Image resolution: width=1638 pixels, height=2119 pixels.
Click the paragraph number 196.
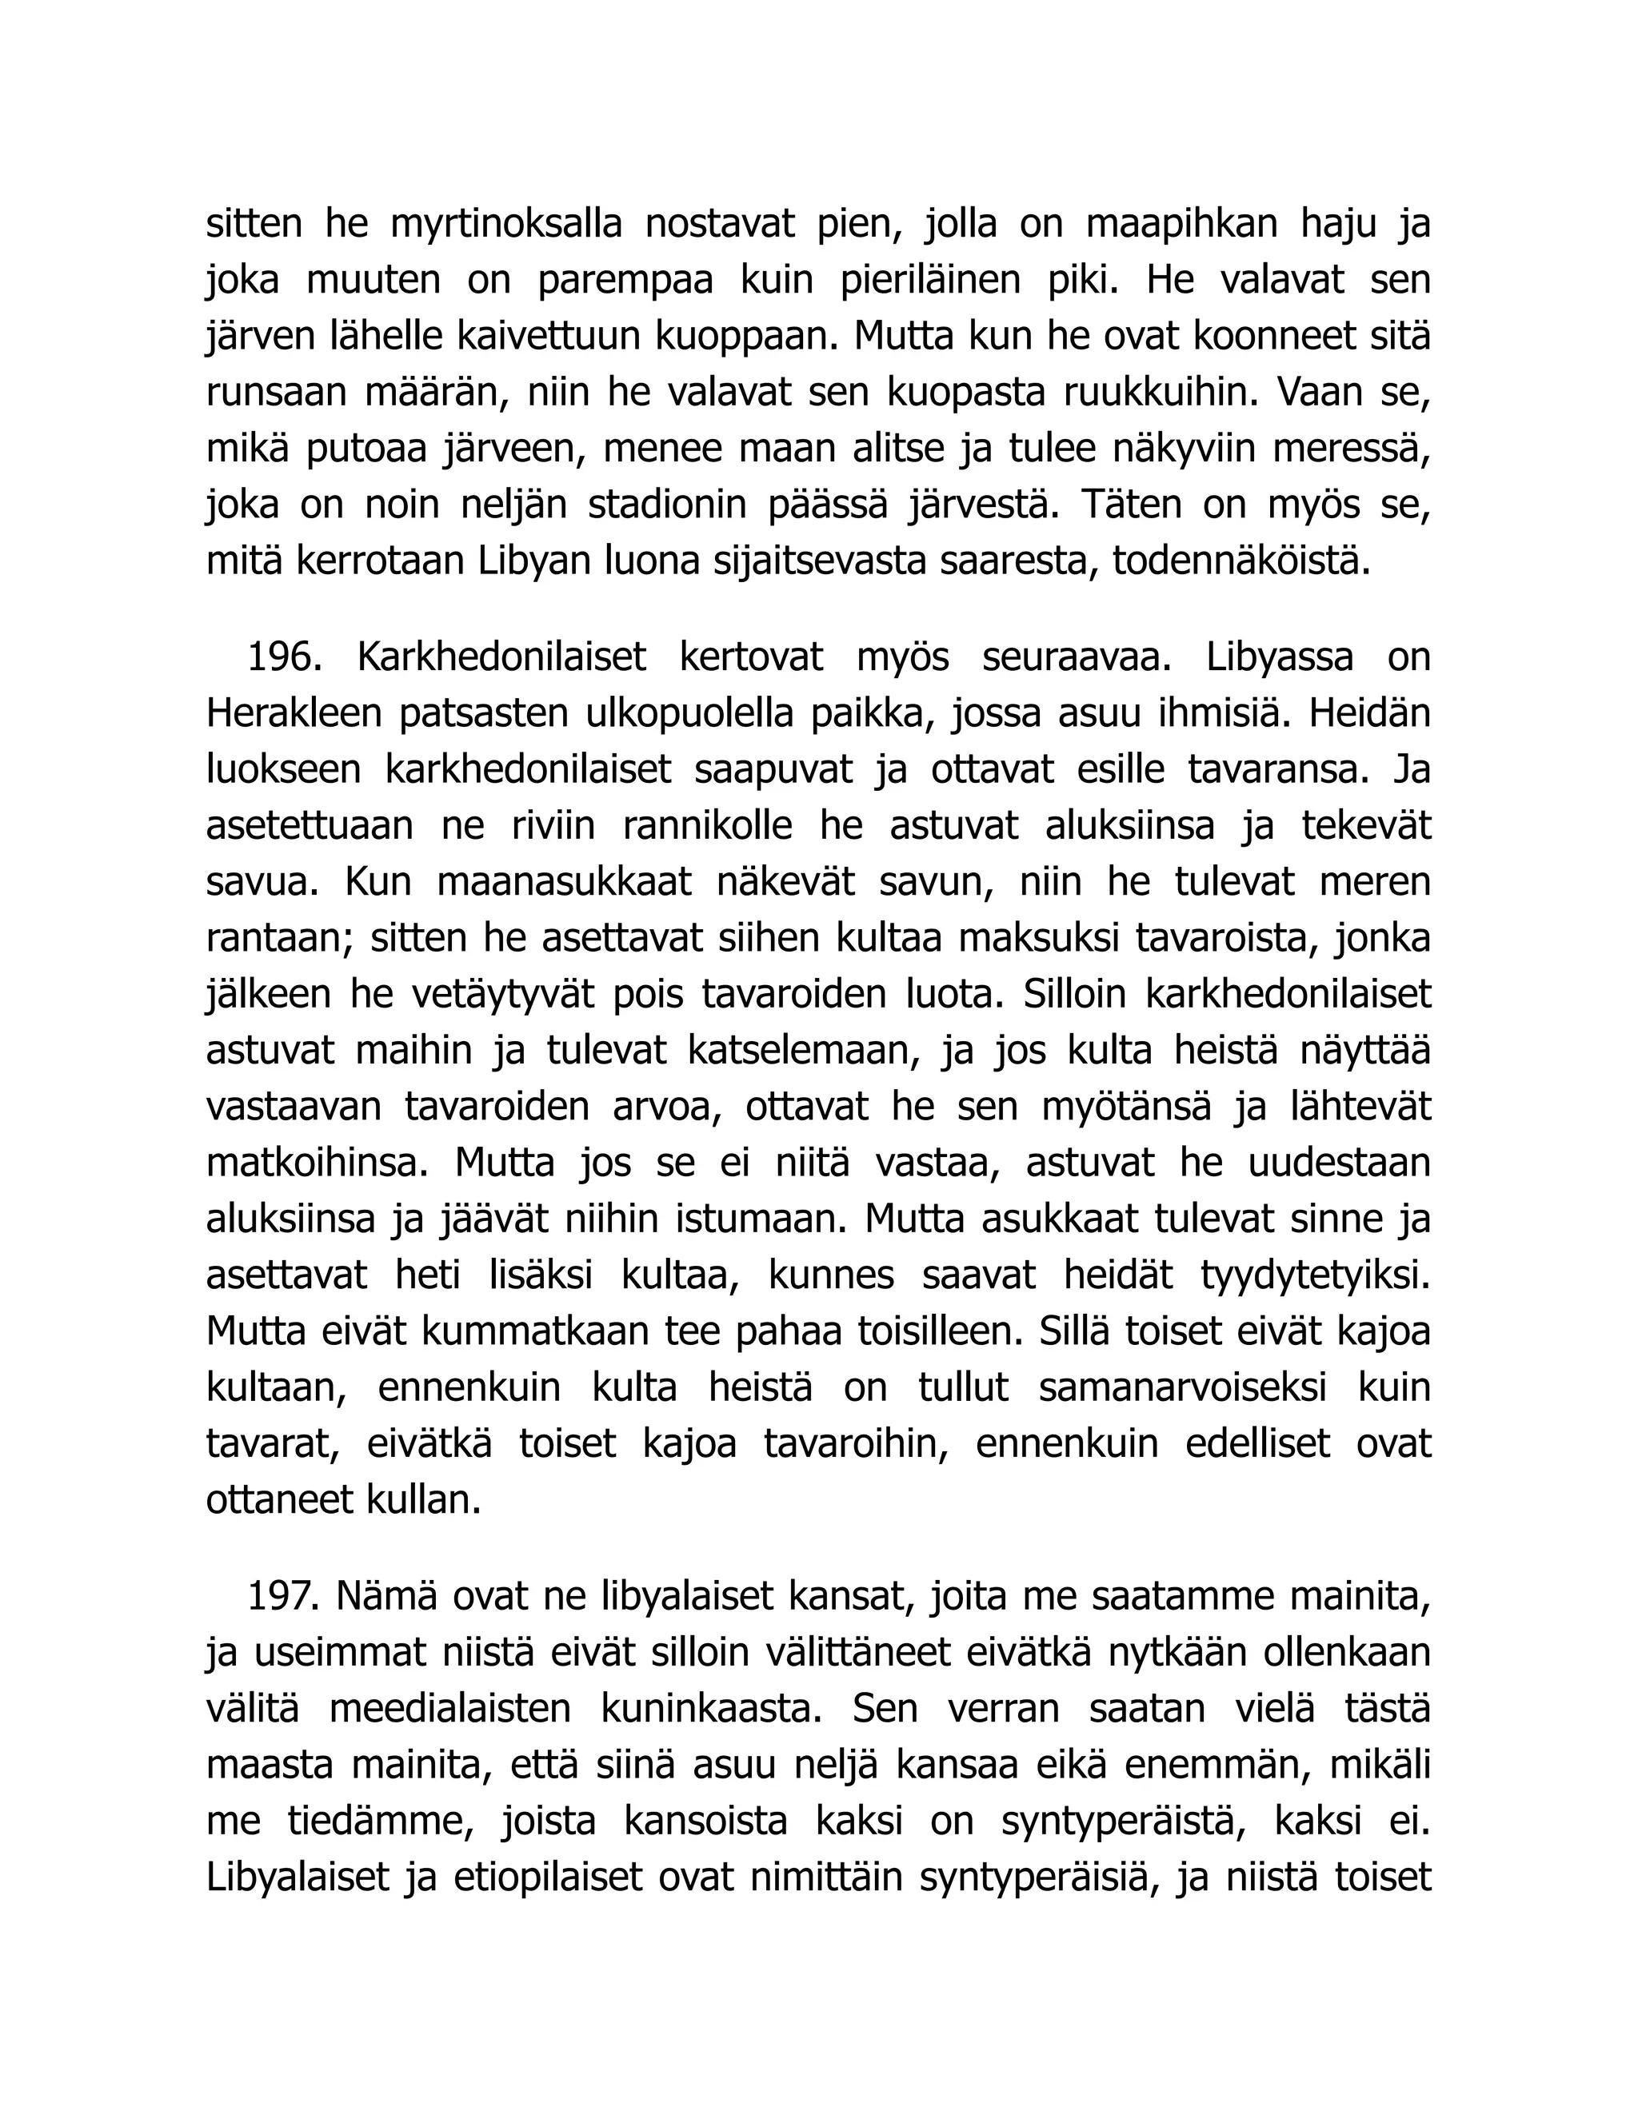pyautogui.click(x=283, y=659)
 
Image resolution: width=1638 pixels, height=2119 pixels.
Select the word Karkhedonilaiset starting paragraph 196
pyautogui.click(x=501, y=659)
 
